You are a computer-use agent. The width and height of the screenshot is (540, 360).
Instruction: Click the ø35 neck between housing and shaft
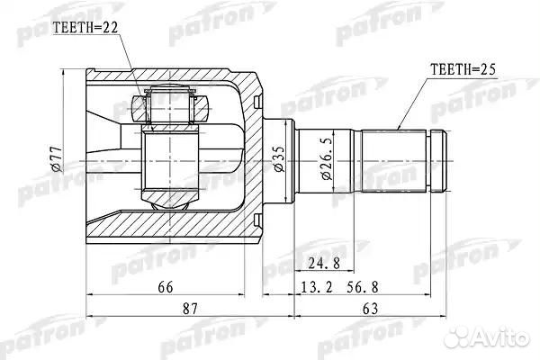[x=278, y=135]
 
